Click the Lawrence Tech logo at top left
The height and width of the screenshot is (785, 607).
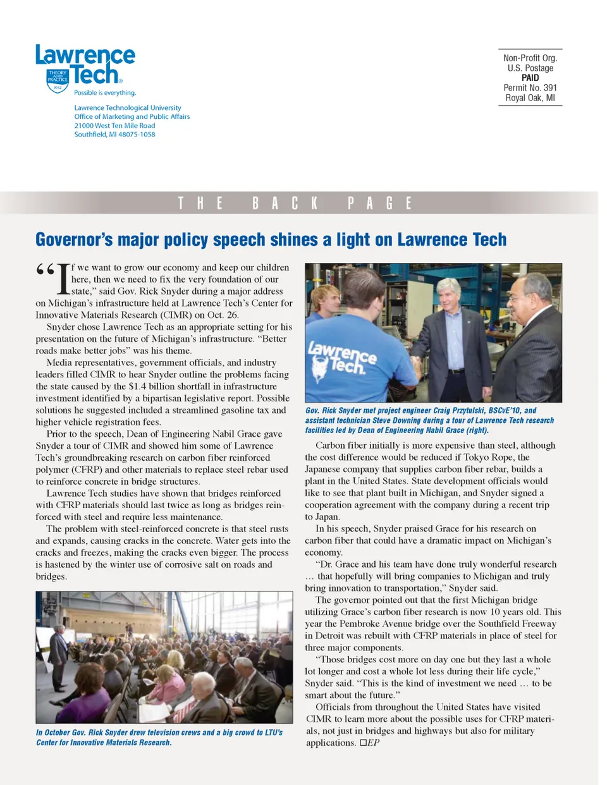[85, 66]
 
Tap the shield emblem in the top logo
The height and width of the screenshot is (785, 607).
[58, 80]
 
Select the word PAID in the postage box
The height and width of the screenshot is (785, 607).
[530, 78]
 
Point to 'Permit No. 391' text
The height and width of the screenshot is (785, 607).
[530, 88]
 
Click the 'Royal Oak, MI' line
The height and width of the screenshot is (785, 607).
[530, 98]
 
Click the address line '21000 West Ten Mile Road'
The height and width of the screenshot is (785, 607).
[114, 126]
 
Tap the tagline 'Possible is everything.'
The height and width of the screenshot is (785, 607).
[105, 93]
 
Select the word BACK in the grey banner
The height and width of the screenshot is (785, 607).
[285, 204]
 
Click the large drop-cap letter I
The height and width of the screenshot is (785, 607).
[63, 279]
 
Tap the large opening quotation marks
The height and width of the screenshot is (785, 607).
[45, 271]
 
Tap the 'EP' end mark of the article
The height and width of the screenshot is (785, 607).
[373, 743]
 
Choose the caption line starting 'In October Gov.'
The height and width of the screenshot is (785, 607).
[159, 733]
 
